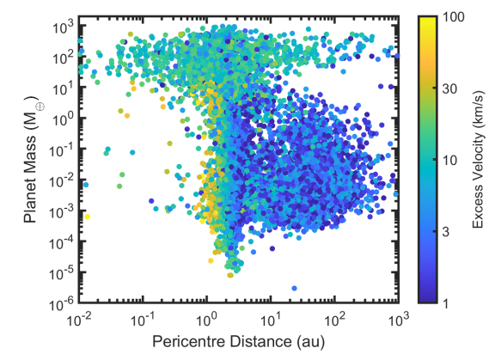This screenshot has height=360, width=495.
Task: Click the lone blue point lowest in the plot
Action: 294,288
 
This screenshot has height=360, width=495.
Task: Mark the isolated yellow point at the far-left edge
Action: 87,217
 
